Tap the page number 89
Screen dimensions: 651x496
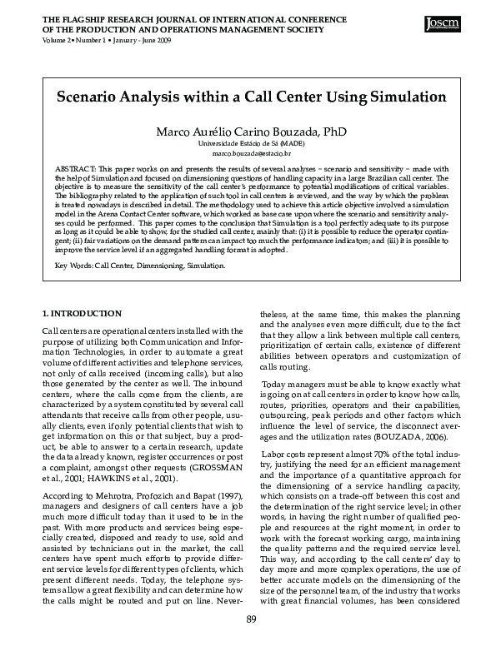[x=251, y=641]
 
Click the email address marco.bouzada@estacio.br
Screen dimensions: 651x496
[x=251, y=154]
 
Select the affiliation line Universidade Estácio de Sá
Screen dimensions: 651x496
[x=251, y=144]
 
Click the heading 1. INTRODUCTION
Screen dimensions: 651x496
[x=82, y=313]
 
